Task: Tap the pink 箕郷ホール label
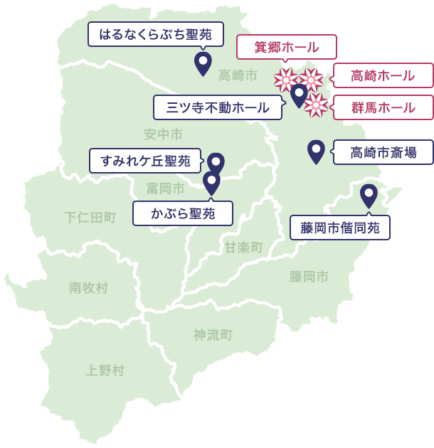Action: click(287, 48)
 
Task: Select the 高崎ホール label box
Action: click(383, 75)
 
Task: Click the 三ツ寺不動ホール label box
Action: click(218, 107)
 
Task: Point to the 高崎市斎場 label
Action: click(383, 151)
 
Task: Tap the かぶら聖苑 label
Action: click(183, 212)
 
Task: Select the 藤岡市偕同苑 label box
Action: click(340, 228)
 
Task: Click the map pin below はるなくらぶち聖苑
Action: click(203, 63)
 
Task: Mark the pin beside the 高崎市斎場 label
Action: click(316, 150)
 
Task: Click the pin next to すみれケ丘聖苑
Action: click(216, 163)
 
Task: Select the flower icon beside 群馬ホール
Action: click(316, 106)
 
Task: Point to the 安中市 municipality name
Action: click(163, 134)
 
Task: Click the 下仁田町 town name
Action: click(90, 217)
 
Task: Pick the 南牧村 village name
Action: click(88, 287)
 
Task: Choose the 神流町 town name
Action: click(213, 334)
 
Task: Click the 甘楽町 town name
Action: click(244, 247)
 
